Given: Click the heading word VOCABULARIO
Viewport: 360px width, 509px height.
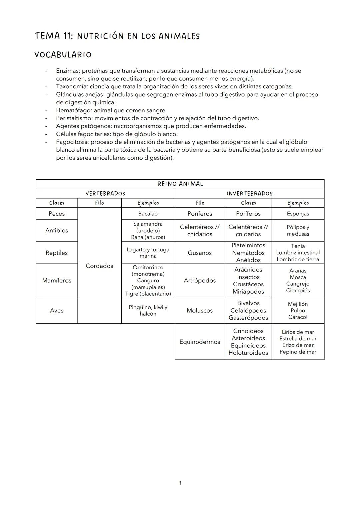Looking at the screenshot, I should tap(63, 55).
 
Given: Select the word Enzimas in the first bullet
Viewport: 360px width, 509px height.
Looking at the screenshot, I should tap(68, 71).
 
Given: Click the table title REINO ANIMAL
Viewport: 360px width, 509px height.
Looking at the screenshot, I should tap(180, 184).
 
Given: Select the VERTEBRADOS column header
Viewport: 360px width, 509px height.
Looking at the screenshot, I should tap(105, 194).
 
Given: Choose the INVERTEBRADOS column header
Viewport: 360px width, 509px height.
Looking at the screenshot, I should tap(249, 194).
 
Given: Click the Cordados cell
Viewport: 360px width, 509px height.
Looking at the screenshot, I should tap(99, 266).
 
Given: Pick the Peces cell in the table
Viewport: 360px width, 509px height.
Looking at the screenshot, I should tap(57, 214).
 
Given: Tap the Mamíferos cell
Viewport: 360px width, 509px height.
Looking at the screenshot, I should tap(57, 280).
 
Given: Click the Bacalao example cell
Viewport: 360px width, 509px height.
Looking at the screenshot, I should tap(148, 214).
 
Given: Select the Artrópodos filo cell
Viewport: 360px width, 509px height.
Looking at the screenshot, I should tap(200, 280).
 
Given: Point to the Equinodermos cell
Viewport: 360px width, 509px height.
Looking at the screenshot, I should tap(200, 342).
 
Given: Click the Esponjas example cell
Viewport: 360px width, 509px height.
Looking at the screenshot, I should tap(298, 214).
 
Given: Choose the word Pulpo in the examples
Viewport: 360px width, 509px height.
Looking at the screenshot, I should tap(298, 310).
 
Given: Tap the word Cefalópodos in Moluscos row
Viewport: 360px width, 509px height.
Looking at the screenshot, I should tap(248, 310).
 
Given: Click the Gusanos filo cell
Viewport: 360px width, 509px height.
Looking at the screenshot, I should tap(200, 253).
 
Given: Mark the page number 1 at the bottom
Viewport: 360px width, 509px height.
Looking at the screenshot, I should tap(180, 483).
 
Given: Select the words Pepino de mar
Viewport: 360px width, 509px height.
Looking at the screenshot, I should tap(298, 352).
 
